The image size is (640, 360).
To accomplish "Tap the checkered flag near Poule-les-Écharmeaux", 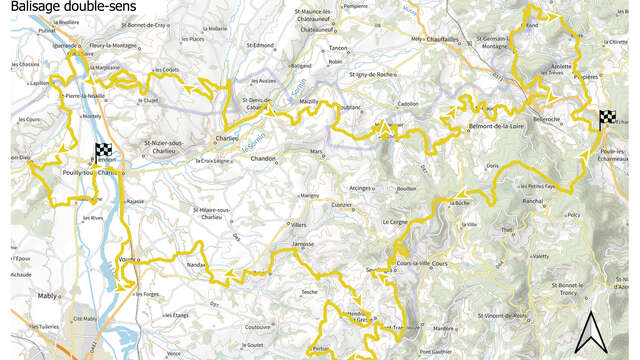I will click(x=607, y=120).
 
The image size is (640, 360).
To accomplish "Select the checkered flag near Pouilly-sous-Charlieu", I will click(x=103, y=152).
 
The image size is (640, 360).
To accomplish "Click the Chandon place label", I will click(x=263, y=159).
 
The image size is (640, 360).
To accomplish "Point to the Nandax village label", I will click(x=195, y=264).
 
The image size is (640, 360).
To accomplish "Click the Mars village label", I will click(x=318, y=152).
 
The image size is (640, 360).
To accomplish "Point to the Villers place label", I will click(x=298, y=225).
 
